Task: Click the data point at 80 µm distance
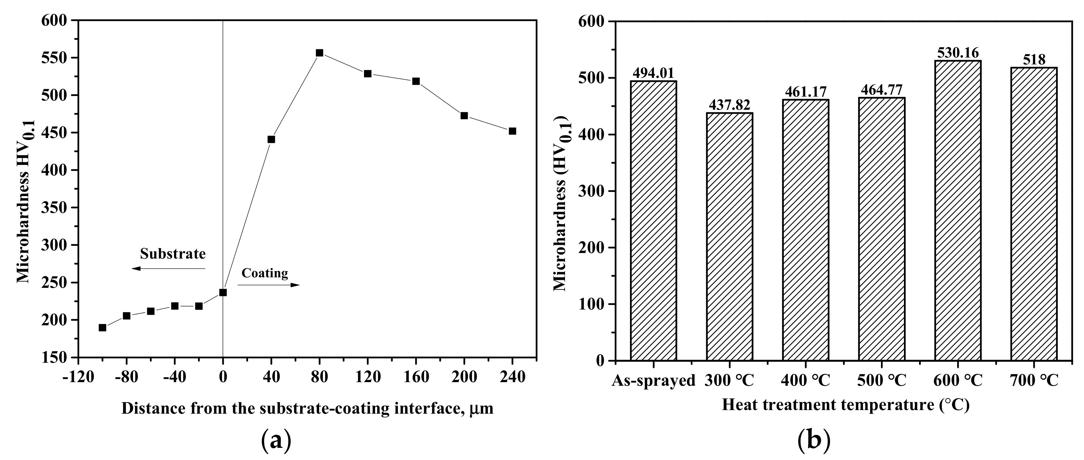[319, 53]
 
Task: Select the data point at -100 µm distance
[102, 328]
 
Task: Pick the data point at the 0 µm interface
[223, 292]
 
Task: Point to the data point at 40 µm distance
[271, 139]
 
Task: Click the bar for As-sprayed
[653, 221]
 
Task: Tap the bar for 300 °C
[729, 237]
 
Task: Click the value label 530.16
[957, 53]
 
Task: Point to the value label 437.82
[729, 105]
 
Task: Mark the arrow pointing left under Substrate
[168, 268]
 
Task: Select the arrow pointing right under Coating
[268, 285]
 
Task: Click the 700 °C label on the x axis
[1033, 380]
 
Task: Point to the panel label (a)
[276, 441]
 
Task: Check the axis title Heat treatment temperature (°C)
[846, 405]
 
